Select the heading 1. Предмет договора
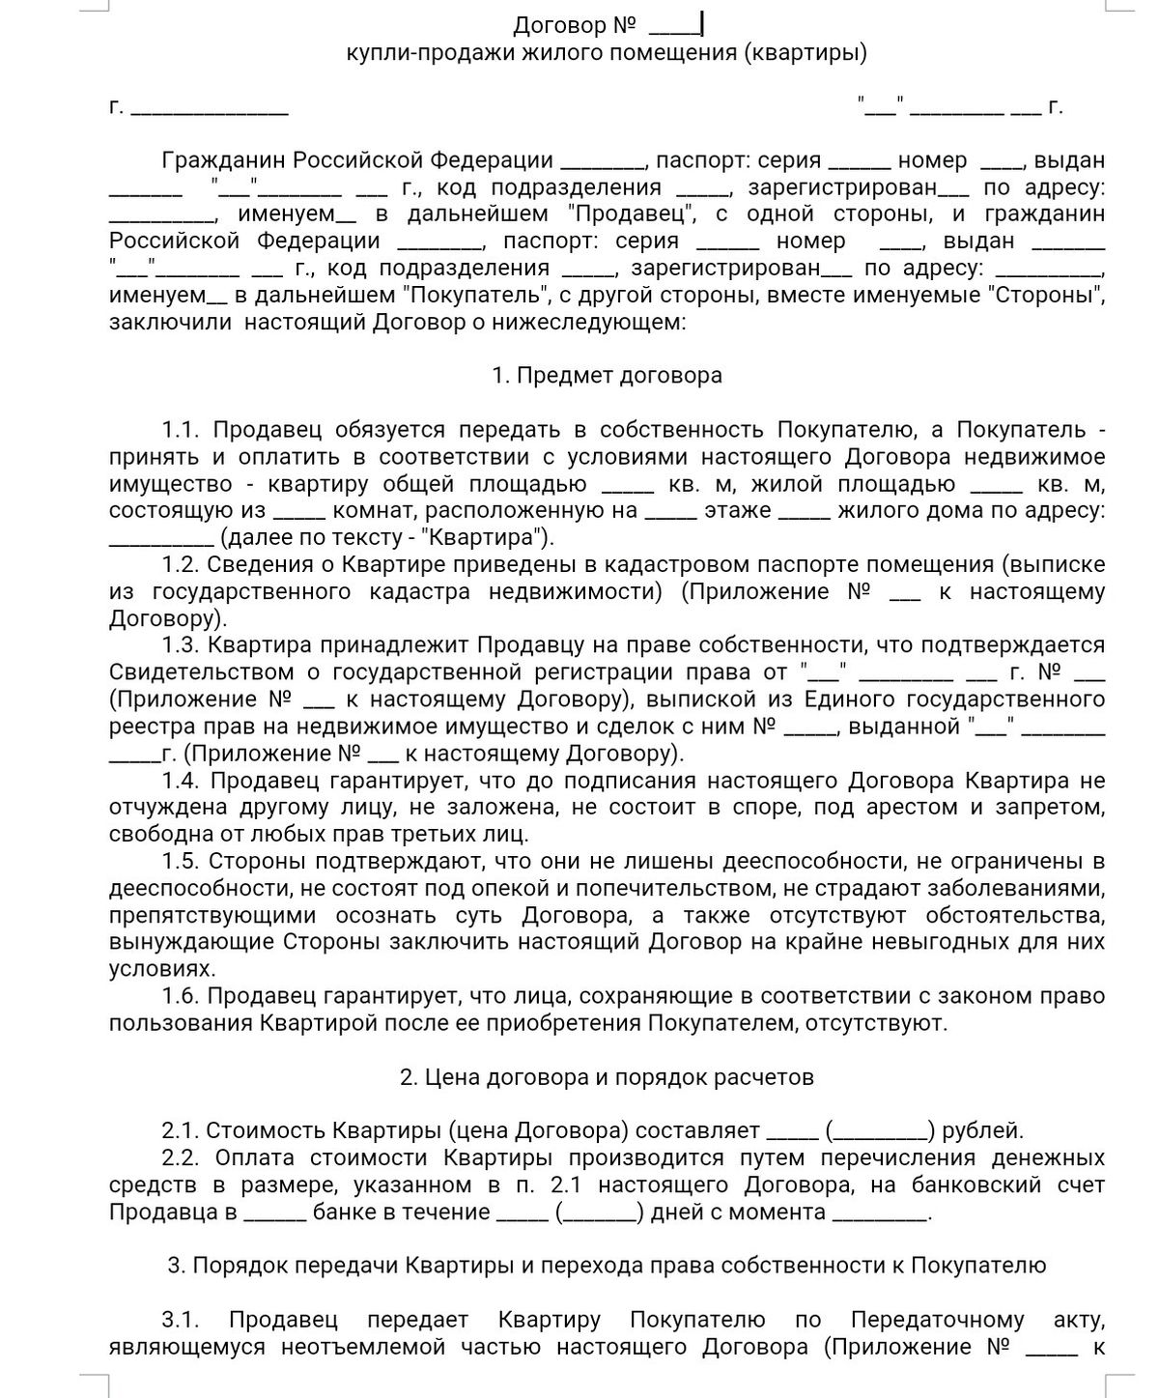click(607, 375)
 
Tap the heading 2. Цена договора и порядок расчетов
click(607, 1076)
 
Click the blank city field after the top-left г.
click(209, 107)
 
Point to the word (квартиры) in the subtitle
click(805, 52)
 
